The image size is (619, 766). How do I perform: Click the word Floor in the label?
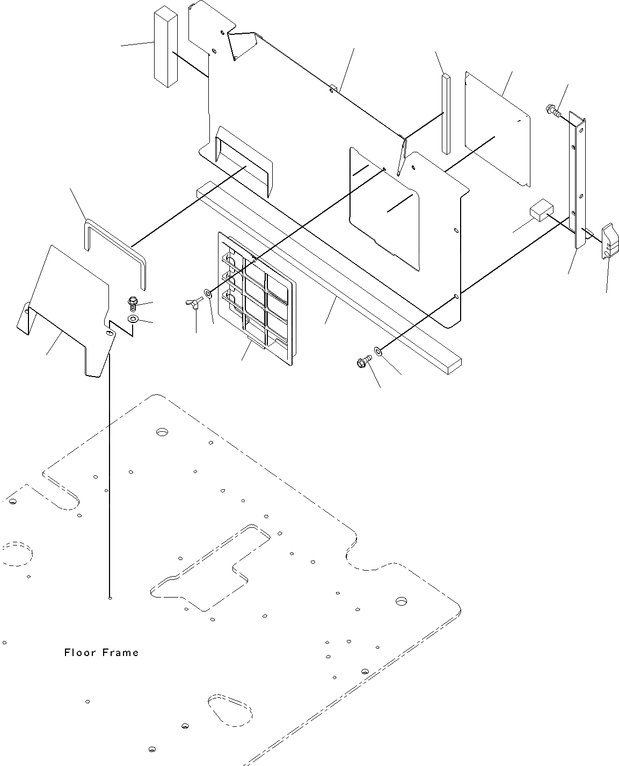(79, 652)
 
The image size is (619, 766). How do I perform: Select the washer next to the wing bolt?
(207, 293)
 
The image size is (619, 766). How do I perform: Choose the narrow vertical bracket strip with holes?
(578, 182)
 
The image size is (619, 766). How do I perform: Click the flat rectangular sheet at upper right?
(497, 129)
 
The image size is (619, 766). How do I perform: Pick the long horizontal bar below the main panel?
(327, 276)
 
